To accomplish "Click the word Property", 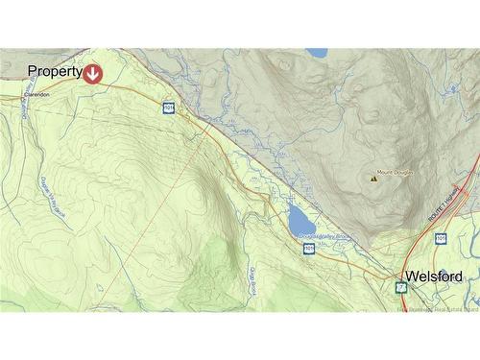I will point(53,71).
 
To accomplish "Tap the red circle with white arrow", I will point(93,72).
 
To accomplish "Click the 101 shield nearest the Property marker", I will point(168,108).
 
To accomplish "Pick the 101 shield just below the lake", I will point(309,249).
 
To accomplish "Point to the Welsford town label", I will point(434,276).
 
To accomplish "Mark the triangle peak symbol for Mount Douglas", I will point(372,177).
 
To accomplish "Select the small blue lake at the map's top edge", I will point(316,53).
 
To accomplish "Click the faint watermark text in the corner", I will point(437,308).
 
